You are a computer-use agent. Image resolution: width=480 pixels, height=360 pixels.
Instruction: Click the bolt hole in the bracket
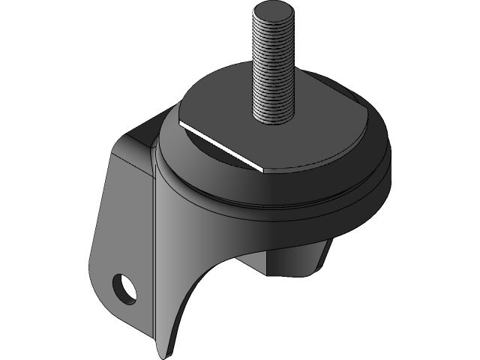tap(124, 286)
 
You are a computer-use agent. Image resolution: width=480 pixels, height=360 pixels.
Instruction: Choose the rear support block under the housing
tap(296, 259)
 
